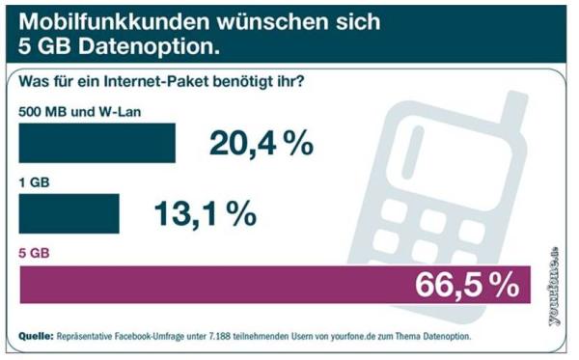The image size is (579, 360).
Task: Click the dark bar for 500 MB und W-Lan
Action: pos(97,143)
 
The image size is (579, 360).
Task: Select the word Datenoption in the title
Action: pos(145,45)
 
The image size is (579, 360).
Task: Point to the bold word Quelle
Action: pos(38,336)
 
